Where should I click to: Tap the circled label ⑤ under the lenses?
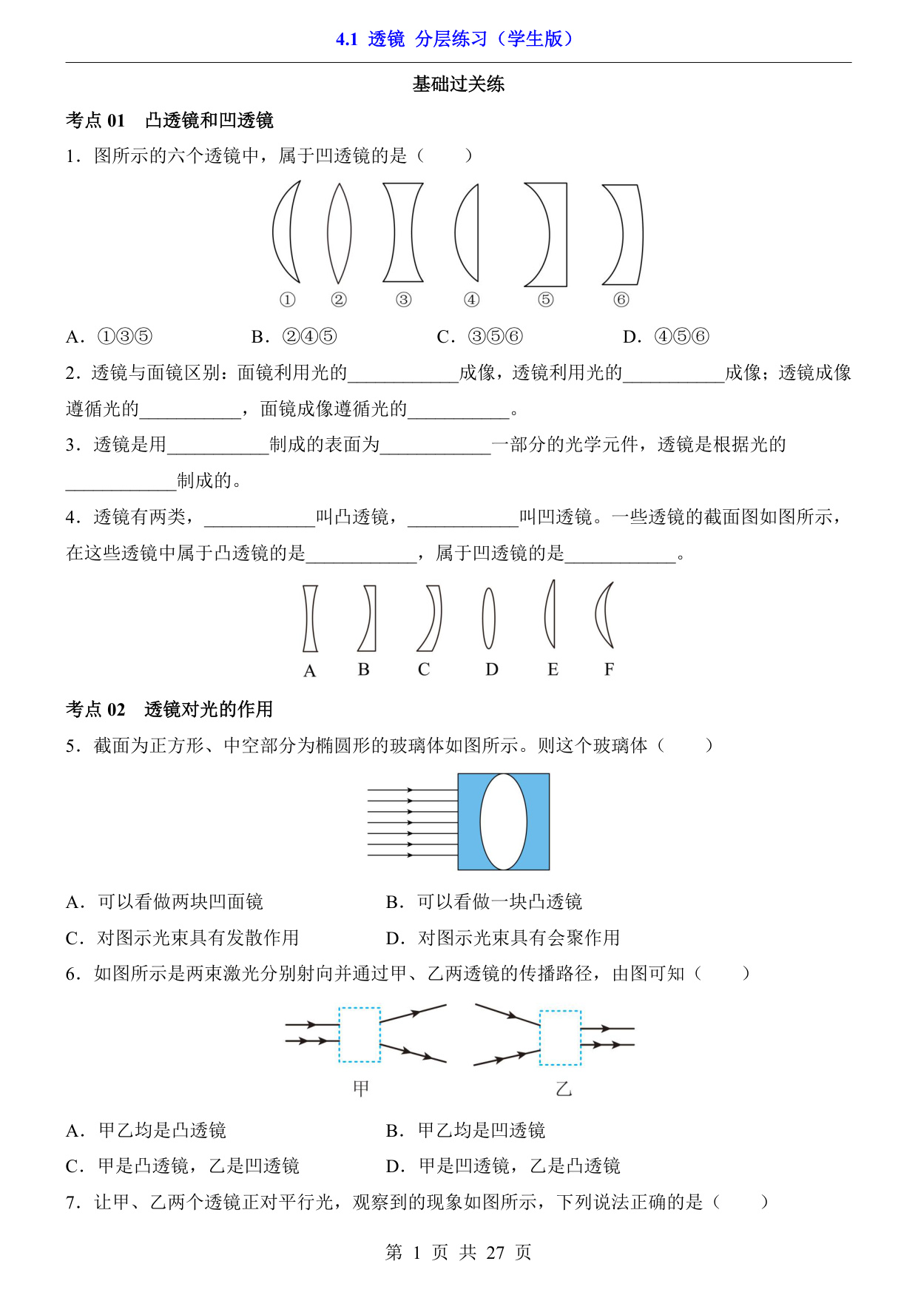545,300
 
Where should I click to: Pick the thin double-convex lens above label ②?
339,233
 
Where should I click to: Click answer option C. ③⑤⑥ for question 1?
480,337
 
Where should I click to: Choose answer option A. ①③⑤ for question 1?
109,337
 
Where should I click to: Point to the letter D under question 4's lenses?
492,670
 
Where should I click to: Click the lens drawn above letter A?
310,619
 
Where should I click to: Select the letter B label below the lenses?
363,670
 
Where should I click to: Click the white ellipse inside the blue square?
503,821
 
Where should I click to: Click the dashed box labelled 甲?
360,1035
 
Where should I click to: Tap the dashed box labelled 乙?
560,1038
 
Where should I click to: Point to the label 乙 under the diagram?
564,1089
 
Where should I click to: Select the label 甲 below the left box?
361,1089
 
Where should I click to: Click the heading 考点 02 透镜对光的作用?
169,710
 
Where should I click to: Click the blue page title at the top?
454,39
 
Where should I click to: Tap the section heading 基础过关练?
459,84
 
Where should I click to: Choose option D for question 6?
503,1166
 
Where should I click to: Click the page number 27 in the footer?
495,1253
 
